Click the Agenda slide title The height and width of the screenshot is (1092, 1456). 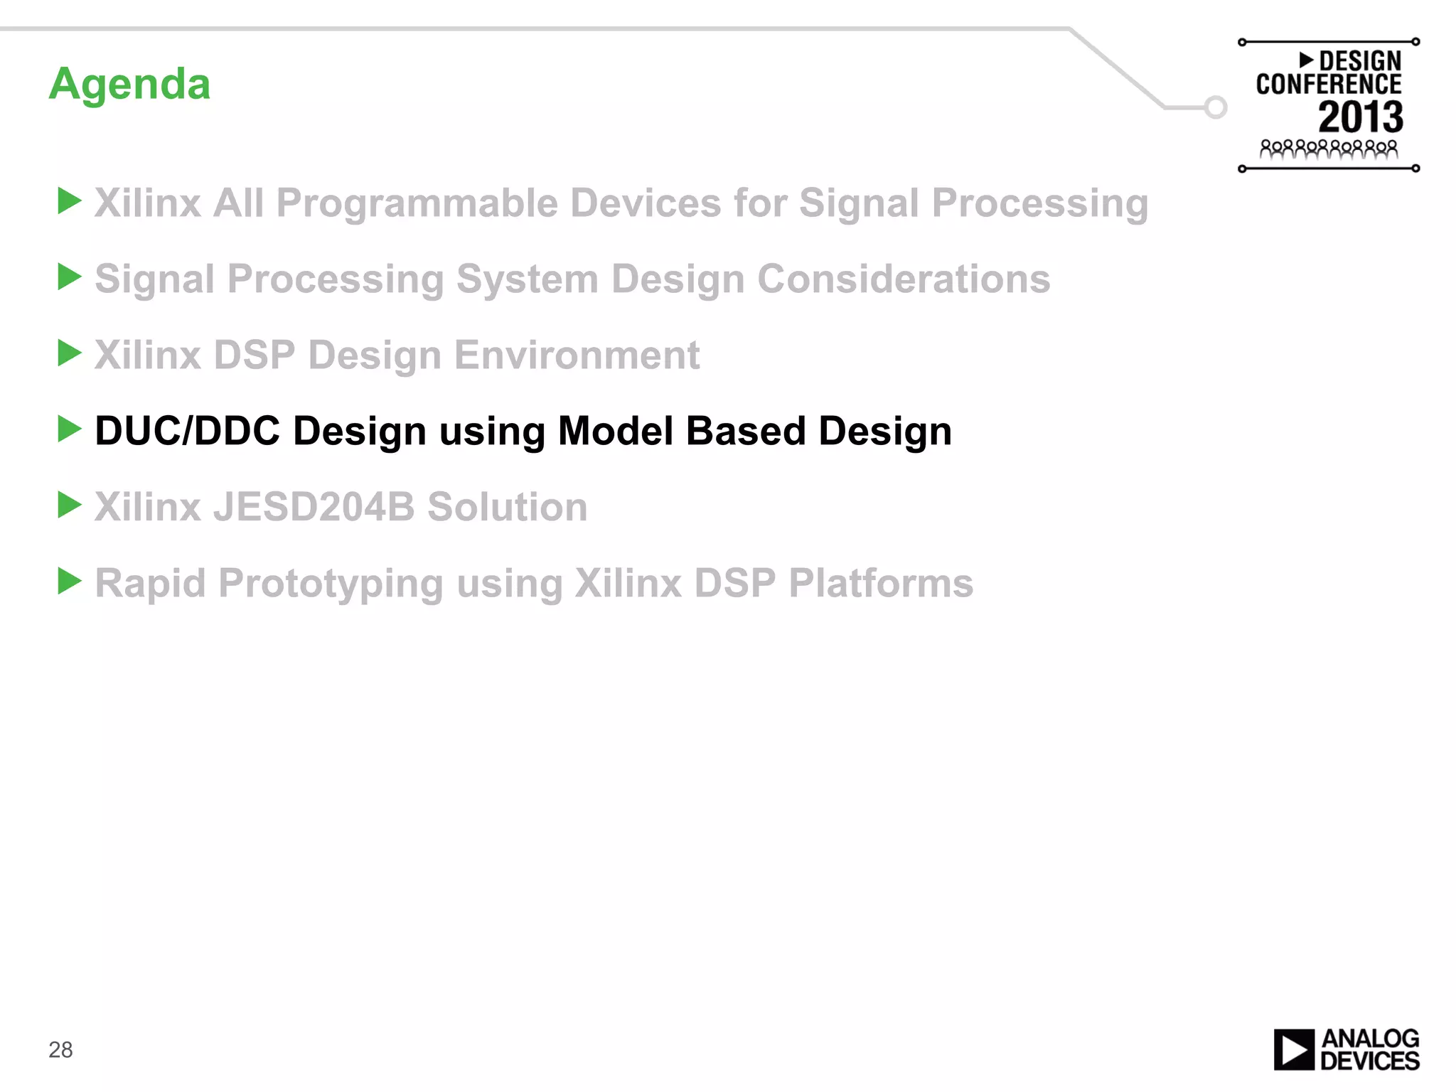129,85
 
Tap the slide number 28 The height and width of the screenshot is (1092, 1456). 60,1050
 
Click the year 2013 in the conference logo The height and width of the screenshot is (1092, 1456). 1360,117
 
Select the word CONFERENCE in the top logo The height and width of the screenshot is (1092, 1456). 1328,85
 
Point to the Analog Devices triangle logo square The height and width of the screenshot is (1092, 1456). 1294,1049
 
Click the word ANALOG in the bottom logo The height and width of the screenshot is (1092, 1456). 1370,1039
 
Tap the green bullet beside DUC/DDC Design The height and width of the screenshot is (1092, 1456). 69,429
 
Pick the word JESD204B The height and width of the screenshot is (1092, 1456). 314,507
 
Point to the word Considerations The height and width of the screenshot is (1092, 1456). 903,279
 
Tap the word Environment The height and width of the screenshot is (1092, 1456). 577,355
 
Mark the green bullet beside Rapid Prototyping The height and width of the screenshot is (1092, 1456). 69,582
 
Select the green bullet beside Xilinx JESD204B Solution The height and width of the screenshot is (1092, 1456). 69,505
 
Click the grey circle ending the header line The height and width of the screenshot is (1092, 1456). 1216,107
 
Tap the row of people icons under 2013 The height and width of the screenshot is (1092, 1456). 1328,149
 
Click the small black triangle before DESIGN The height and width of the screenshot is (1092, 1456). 1306,60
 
